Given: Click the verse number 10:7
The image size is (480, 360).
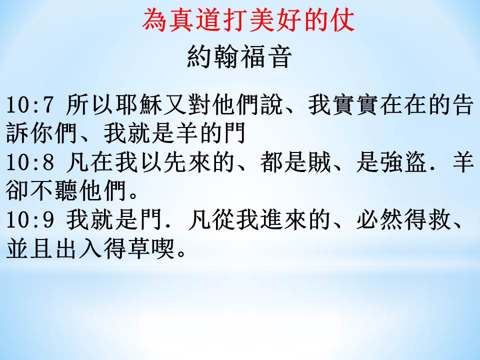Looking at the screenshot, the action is [30, 104].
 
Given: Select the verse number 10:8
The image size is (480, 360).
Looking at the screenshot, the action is [30, 162].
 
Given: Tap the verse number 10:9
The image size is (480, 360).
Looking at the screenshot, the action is [30, 220].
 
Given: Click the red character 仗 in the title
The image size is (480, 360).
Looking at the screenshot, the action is [342, 19].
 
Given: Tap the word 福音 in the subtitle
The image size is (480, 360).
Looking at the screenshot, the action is [265, 57].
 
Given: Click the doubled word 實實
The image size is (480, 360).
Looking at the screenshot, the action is [356, 104].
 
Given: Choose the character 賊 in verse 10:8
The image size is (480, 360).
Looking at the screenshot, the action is [319, 162].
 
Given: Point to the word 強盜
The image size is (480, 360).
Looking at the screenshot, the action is [404, 162].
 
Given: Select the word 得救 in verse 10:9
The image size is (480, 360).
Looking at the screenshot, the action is [428, 220].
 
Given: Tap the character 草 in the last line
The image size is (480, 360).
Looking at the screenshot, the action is [138, 248].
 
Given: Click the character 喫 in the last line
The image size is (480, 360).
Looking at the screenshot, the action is [163, 248].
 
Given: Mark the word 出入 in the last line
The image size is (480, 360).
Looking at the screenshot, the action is [78, 248].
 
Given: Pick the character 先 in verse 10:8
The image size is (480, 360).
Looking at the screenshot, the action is [175, 162].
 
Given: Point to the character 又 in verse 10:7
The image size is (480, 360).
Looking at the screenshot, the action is [175, 104].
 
